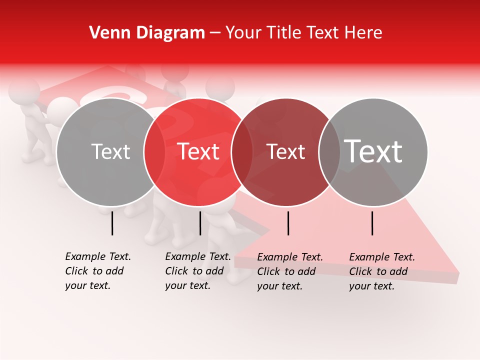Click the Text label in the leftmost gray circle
pyautogui.click(x=110, y=152)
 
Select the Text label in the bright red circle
pyautogui.click(x=198, y=151)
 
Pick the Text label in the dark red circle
pyautogui.click(x=286, y=152)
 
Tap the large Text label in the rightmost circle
pyautogui.click(x=373, y=151)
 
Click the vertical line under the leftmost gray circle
pyautogui.click(x=112, y=223)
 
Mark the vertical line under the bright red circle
pyautogui.click(x=200, y=223)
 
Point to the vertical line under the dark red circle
pyautogui.click(x=288, y=223)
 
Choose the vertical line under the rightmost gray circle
pyautogui.click(x=372, y=223)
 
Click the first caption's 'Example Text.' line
pyautogui.click(x=98, y=256)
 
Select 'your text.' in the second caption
pyautogui.click(x=187, y=285)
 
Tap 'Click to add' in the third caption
pyautogui.click(x=286, y=271)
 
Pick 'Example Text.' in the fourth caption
pyautogui.click(x=382, y=257)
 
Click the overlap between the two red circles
pyautogui.click(x=242, y=152)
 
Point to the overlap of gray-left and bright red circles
pyautogui.click(x=154, y=152)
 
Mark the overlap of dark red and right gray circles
pyautogui.click(x=329, y=152)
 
